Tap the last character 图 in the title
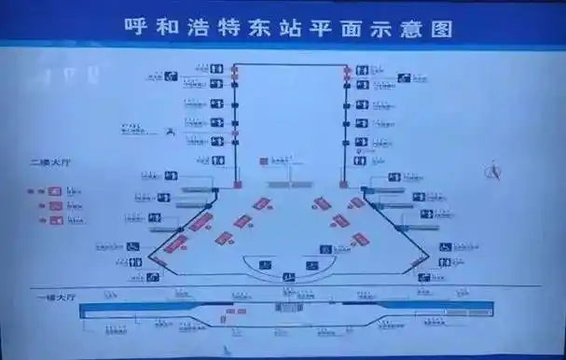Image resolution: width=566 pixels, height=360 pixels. pos(443,28)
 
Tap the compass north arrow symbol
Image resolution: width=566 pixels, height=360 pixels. pos(496,171)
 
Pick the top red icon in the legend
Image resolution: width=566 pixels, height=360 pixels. pos(55,190)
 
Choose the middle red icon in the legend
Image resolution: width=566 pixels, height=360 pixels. pos(55,205)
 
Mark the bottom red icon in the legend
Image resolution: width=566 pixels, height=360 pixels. pos(55,220)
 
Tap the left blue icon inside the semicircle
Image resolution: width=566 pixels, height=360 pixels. pos(265,266)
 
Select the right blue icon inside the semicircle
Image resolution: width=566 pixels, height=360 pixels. pos(311,266)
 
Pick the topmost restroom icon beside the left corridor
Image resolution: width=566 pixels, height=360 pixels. pos(216,68)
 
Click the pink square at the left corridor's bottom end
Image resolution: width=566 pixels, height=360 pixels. pos(237,184)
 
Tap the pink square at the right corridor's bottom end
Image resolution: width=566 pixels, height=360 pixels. pos(343,184)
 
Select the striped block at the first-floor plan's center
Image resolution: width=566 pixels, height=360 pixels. pos(288,307)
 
